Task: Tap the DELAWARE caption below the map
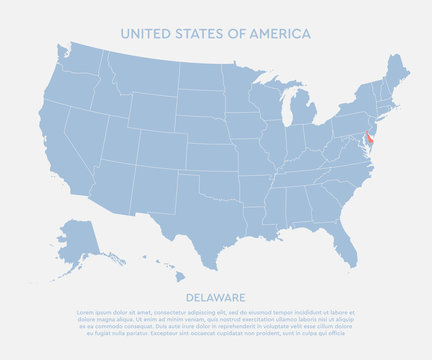[216, 297]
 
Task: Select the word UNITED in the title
[145, 33]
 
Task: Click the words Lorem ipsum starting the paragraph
[95, 312]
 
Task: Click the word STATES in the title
[197, 33]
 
